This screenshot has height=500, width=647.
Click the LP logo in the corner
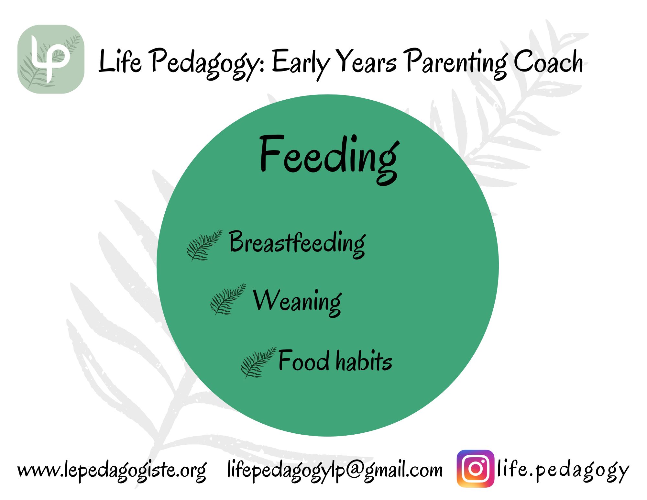(x=51, y=59)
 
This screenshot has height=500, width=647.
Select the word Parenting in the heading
(x=456, y=63)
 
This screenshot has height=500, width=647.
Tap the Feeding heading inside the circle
(x=330, y=159)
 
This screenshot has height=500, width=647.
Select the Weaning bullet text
(x=297, y=303)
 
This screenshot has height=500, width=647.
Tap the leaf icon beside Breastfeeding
(x=204, y=245)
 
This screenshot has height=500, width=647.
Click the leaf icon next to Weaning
(x=228, y=299)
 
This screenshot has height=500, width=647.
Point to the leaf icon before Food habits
(x=258, y=362)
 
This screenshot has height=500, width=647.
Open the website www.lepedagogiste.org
(x=112, y=471)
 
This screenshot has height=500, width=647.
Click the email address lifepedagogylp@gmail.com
(x=335, y=471)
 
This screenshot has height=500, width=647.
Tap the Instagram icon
(x=475, y=469)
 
